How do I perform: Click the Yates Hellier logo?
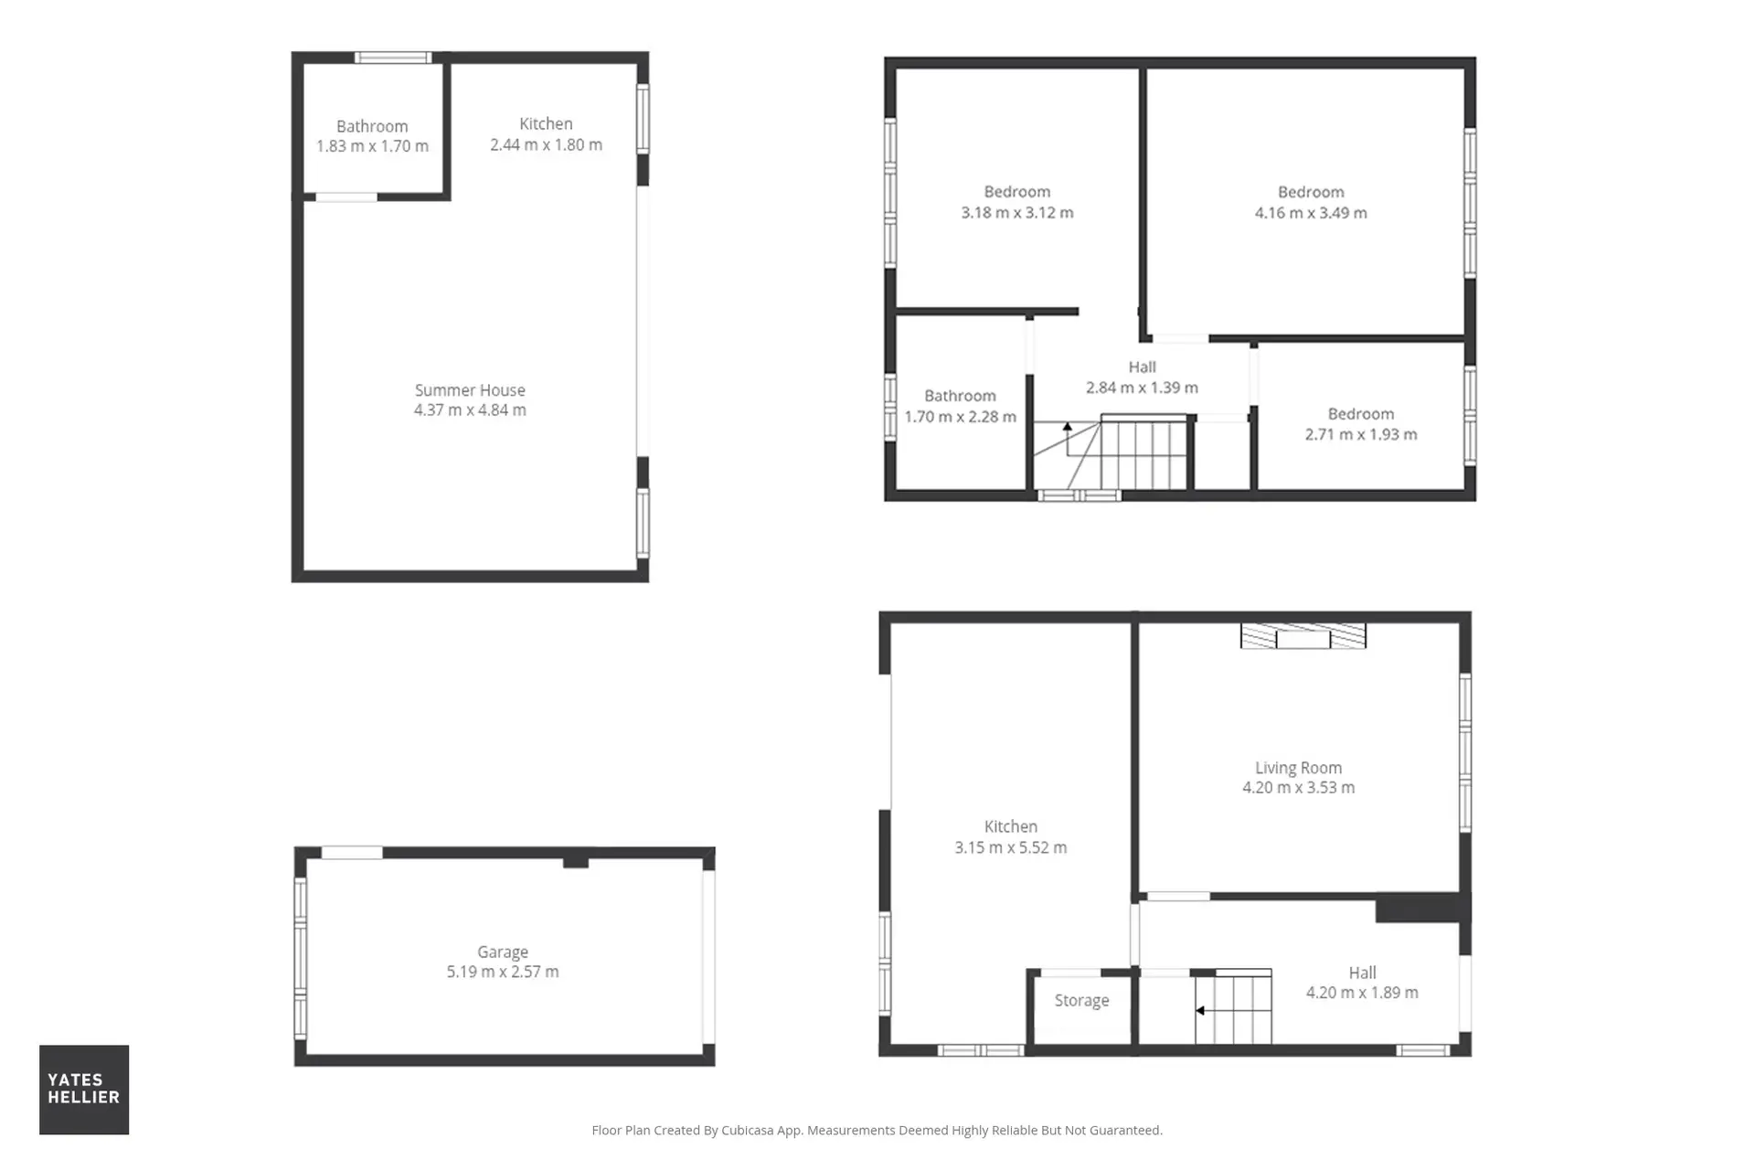click(x=84, y=1089)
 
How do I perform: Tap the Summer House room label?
click(x=470, y=390)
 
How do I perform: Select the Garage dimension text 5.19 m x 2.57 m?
click(x=503, y=972)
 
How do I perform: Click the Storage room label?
click(x=1081, y=1001)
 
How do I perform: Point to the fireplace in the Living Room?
click(x=1303, y=635)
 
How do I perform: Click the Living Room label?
click(x=1298, y=768)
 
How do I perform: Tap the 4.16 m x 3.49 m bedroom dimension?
click(x=1311, y=213)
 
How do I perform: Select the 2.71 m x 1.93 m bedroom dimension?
click(x=1361, y=434)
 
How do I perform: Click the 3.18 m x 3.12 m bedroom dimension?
click(x=1017, y=213)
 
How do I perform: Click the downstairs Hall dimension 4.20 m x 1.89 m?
click(x=1362, y=993)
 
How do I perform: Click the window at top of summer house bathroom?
click(x=393, y=58)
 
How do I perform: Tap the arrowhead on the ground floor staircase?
click(x=1200, y=1010)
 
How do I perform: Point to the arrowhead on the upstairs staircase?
click(x=1067, y=426)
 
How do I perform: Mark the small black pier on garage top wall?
click(x=575, y=862)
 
